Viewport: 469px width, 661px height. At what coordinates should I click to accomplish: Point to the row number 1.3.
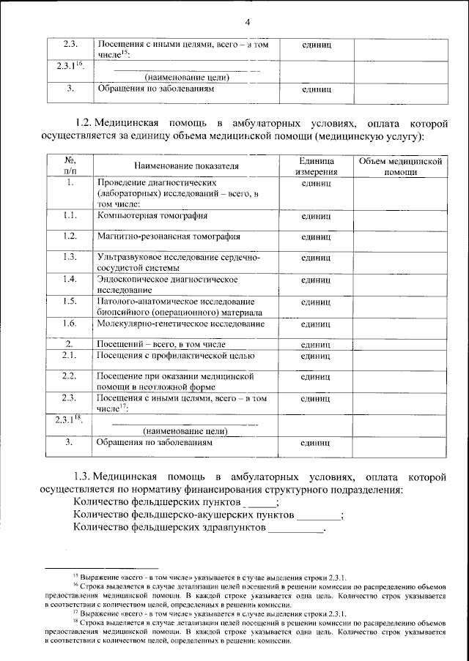pos(70,257)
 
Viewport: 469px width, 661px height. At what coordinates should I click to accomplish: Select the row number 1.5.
pos(70,301)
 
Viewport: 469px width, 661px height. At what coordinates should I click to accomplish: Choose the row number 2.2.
pos(70,376)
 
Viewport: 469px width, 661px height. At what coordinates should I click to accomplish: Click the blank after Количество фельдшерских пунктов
pos(261,504)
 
